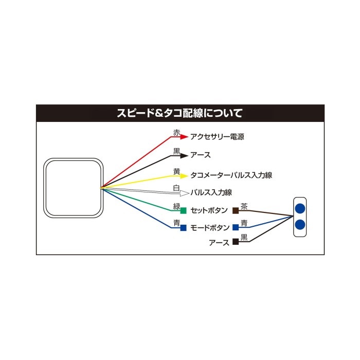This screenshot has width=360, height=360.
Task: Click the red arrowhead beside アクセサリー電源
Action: (184, 137)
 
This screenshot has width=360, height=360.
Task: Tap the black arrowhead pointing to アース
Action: (184, 156)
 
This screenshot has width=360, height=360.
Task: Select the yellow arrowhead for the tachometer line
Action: (184, 176)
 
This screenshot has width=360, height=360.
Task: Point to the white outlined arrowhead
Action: (184, 193)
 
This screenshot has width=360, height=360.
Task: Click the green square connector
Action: (183, 210)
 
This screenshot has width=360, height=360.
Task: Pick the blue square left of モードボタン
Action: (183, 228)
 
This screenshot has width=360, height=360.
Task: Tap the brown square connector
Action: (236, 210)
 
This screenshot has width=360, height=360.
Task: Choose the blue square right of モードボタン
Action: (236, 227)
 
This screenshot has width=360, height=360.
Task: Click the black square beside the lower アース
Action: (236, 242)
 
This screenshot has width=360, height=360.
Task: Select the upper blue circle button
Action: (300, 208)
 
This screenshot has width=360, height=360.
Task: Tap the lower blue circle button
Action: (300, 225)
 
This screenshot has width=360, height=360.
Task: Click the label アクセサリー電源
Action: (217, 137)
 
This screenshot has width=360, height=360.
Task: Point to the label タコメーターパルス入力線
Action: (231, 175)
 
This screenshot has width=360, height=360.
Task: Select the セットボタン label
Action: (209, 210)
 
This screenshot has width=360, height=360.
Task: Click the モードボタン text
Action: (210, 228)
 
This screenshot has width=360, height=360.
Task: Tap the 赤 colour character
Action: (176, 133)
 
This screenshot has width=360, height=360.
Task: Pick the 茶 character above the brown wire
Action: (244, 206)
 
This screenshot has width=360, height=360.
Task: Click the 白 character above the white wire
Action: (176, 188)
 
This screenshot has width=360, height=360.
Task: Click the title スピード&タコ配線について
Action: (180, 113)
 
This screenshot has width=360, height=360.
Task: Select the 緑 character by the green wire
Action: (176, 206)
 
